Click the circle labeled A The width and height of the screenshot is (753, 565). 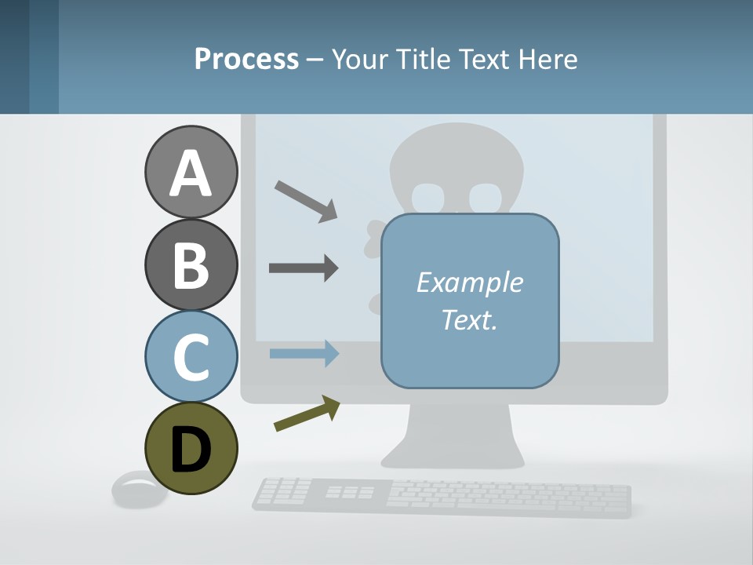(191, 173)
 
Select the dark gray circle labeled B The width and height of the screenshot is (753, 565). (191, 264)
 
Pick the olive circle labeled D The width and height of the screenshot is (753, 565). (191, 448)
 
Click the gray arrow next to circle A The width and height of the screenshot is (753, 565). (306, 201)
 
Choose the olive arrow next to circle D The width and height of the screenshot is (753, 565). (307, 414)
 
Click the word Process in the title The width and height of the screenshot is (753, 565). (246, 59)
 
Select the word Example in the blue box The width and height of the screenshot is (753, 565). (469, 282)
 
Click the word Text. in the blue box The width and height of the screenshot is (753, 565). (469, 319)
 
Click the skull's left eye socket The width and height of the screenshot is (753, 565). (429, 197)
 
